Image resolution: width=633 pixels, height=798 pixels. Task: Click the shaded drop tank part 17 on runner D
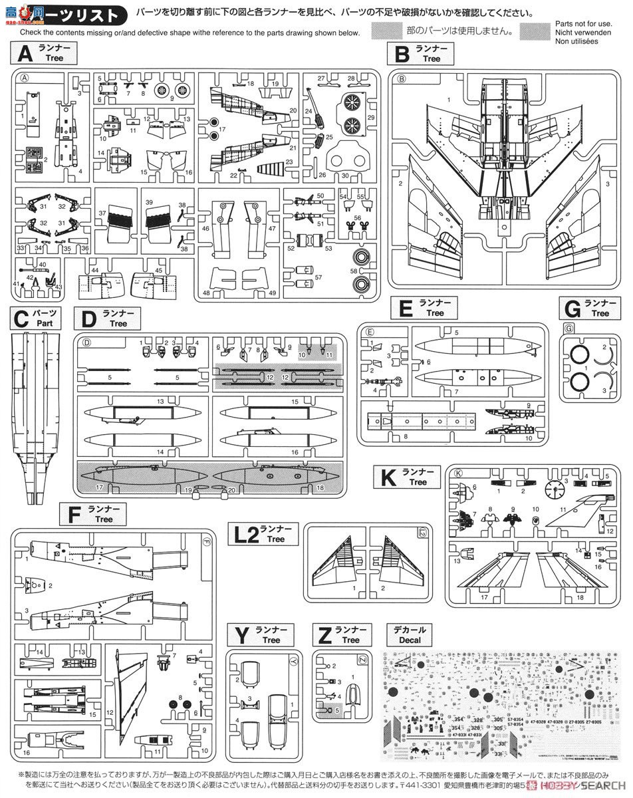pyautogui.click(x=144, y=477)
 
